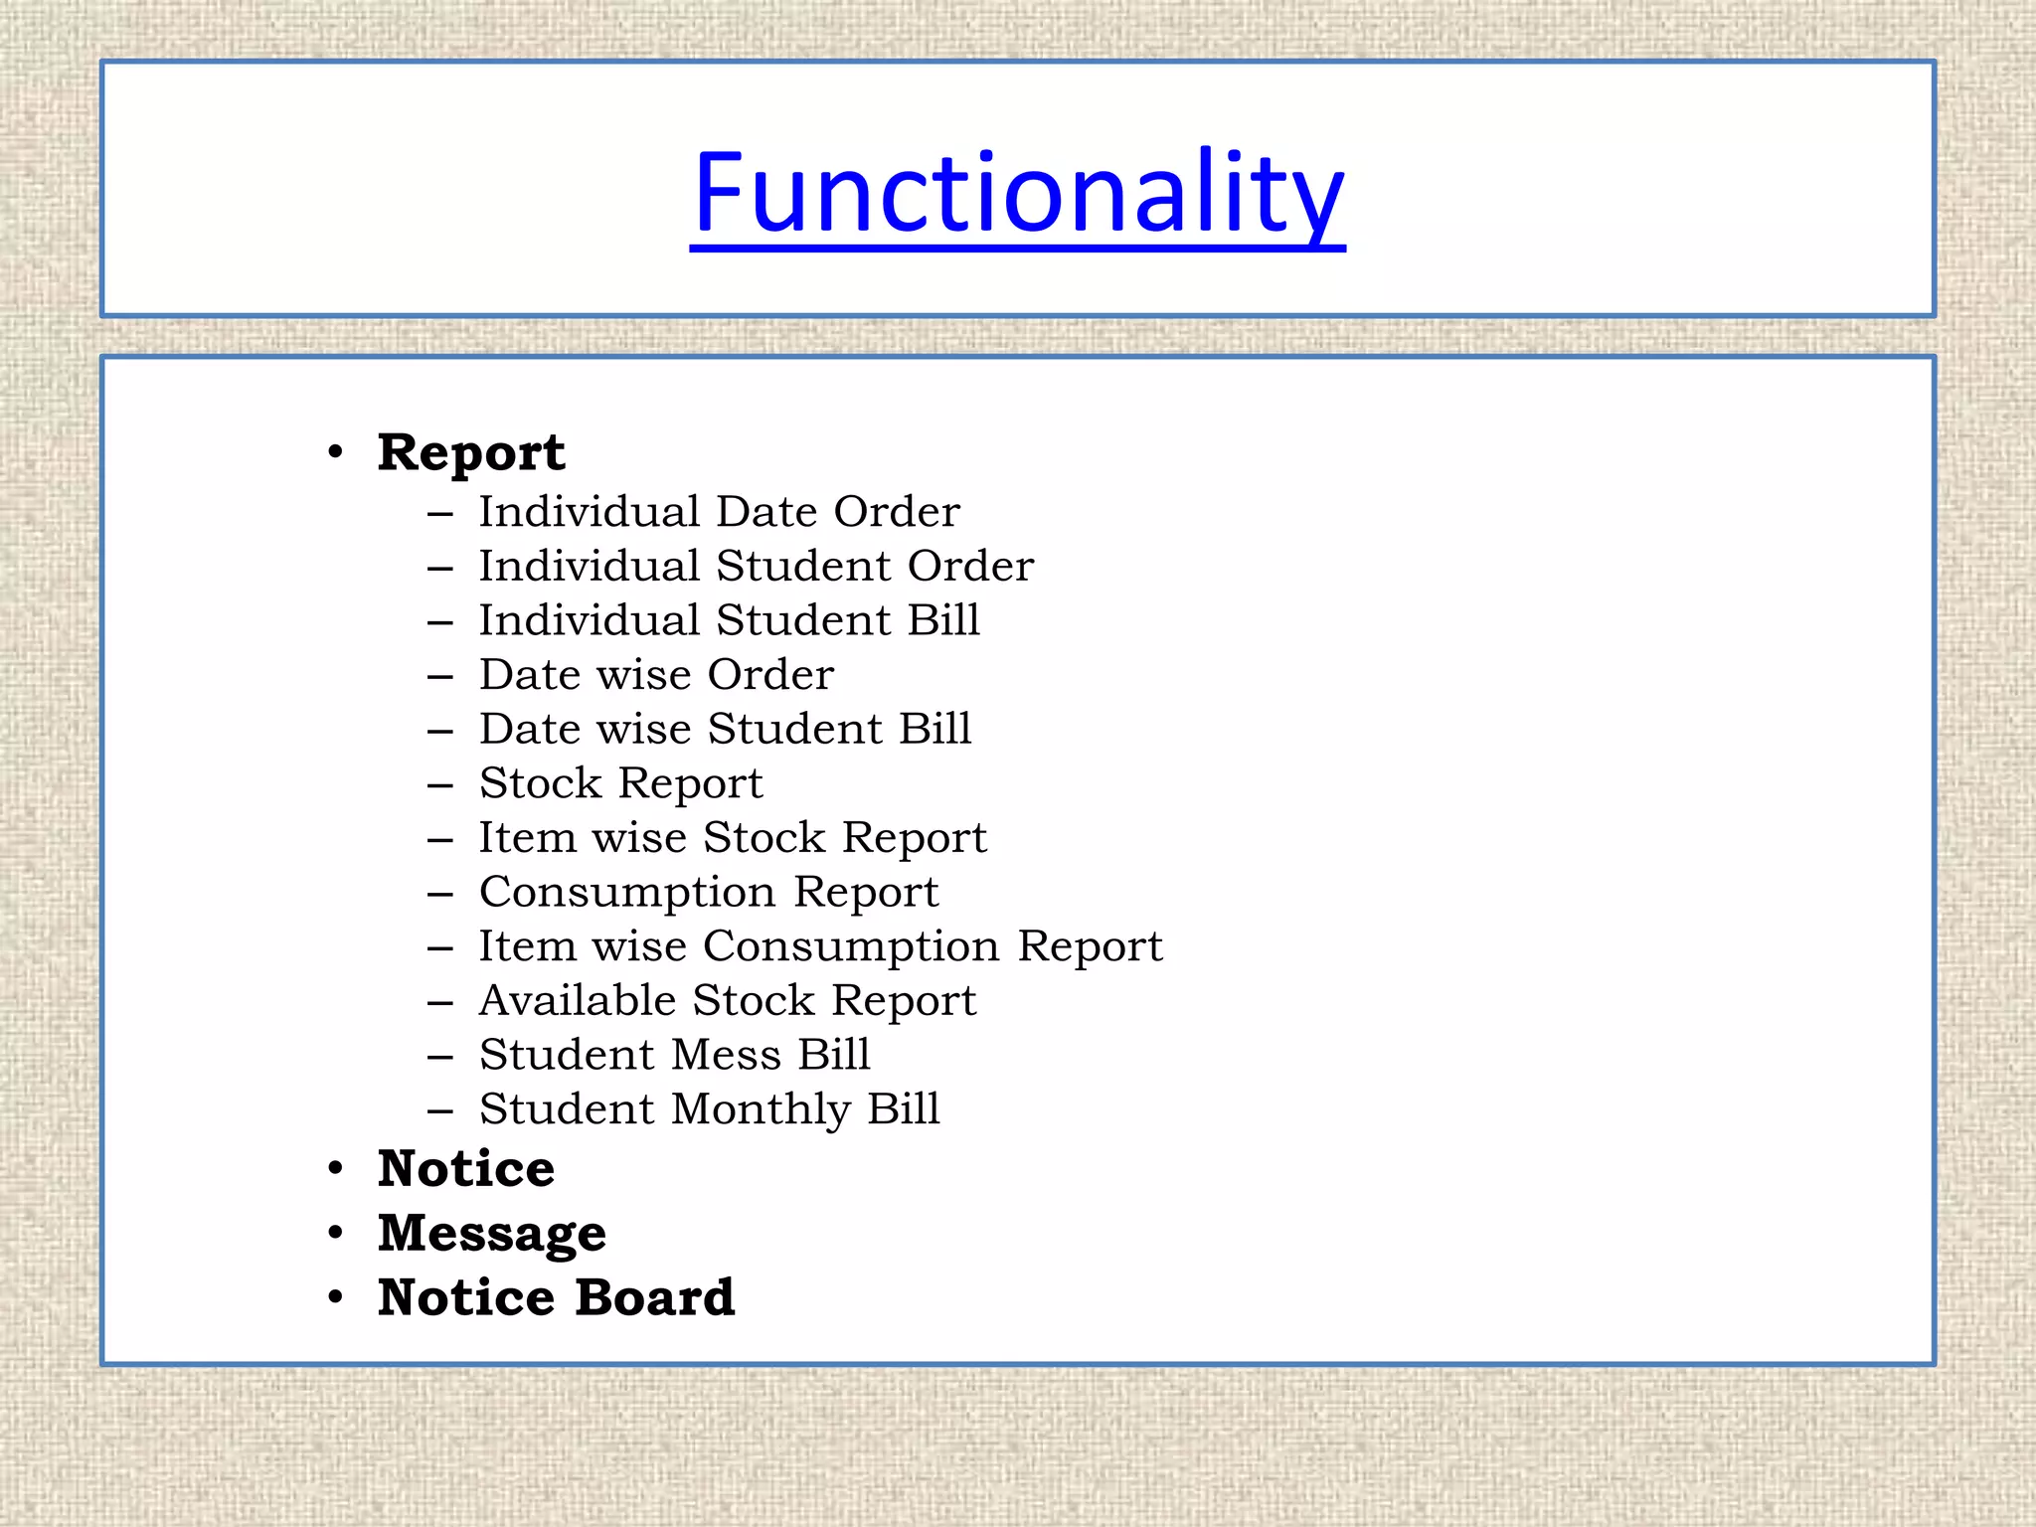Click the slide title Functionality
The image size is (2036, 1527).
click(x=1017, y=193)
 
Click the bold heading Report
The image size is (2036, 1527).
click(x=471, y=453)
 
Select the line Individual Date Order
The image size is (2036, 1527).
click(x=719, y=512)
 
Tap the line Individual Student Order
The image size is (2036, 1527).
click(x=756, y=567)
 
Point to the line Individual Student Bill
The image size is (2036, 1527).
click(x=729, y=620)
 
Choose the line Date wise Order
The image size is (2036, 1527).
click(x=656, y=675)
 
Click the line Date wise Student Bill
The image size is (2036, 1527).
click(x=725, y=729)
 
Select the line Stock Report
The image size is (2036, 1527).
click(x=620, y=783)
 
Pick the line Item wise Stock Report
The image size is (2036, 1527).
click(x=733, y=838)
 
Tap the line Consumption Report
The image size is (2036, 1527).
click(x=709, y=892)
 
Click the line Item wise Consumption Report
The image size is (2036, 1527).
click(x=820, y=946)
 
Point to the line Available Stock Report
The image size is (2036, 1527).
click(x=728, y=1001)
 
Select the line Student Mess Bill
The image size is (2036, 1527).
click(x=674, y=1055)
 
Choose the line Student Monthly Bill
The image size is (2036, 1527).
click(x=709, y=1109)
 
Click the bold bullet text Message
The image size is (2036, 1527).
click(x=492, y=1234)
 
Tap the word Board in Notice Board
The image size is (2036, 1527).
click(x=655, y=1297)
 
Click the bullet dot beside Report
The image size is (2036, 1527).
click(x=336, y=453)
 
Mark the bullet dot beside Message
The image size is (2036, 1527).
click(x=336, y=1234)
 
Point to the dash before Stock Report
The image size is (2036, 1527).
click(x=440, y=785)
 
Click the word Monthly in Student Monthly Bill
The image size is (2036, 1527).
click(x=762, y=1109)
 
